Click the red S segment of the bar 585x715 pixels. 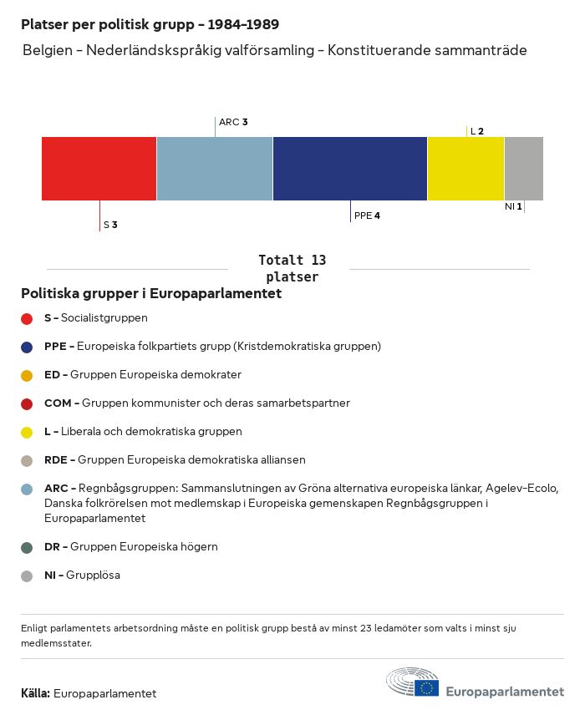point(99,168)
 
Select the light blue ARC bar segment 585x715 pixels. point(215,168)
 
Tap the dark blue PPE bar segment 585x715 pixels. point(350,168)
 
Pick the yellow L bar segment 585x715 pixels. point(465,168)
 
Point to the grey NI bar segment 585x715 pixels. point(524,168)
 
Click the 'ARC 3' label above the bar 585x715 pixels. point(233,122)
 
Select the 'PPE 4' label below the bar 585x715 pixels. point(367,216)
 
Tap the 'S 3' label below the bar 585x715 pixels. point(110,225)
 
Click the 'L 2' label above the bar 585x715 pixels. point(477,131)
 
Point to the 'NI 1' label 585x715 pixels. point(513,206)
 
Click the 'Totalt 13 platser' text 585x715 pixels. point(292,268)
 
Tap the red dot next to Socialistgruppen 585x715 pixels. point(27,318)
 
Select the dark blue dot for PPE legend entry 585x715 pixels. point(27,347)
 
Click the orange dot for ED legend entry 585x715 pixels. point(27,375)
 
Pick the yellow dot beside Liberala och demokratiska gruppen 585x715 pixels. point(27,432)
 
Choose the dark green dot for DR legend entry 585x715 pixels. point(27,547)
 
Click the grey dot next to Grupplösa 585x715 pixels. point(27,576)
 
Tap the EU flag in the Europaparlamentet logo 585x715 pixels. point(427,687)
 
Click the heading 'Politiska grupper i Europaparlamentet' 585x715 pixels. point(151,293)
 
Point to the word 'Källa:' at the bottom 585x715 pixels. point(35,693)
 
